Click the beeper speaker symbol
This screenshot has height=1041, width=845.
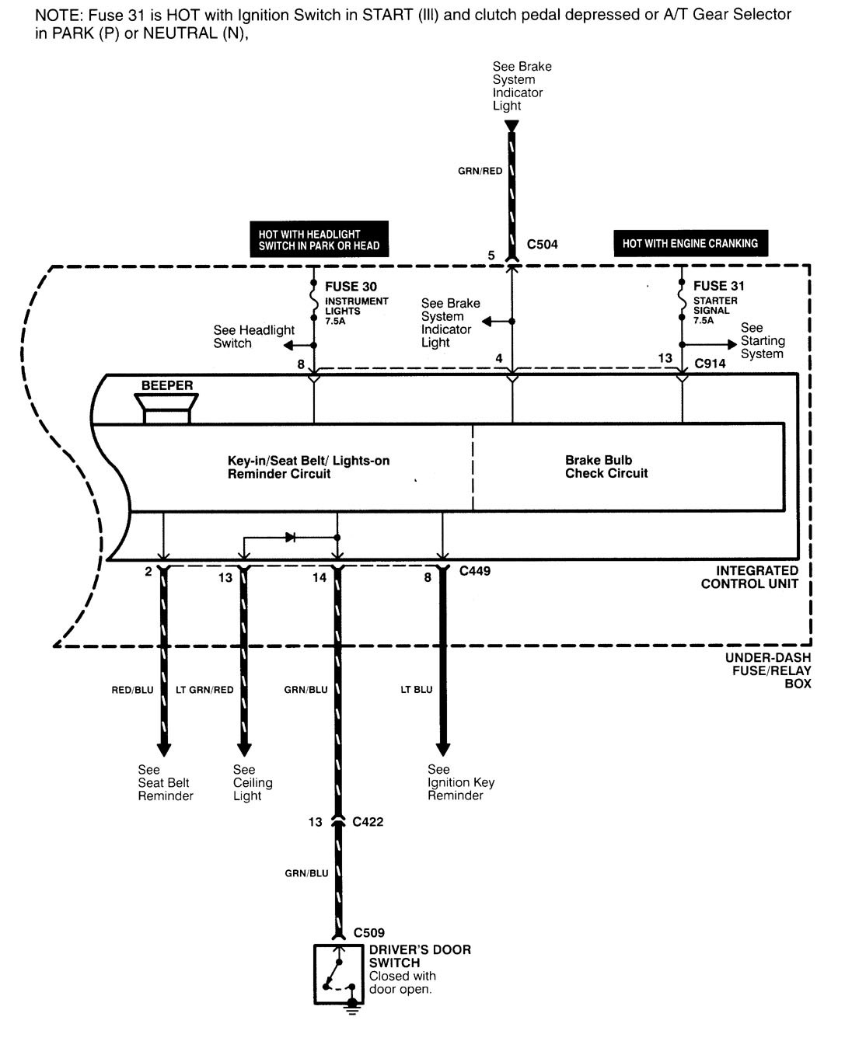click(x=166, y=408)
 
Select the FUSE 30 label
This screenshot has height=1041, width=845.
click(x=351, y=287)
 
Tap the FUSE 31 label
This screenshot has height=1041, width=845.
click(x=718, y=286)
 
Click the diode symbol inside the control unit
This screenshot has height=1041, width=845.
click(x=290, y=538)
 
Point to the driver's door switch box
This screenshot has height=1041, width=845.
click(x=337, y=974)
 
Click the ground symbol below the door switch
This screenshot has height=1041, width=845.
click(x=351, y=1008)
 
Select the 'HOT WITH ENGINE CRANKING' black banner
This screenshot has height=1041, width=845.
click(x=690, y=243)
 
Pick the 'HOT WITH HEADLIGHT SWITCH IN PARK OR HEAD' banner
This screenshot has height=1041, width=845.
click(x=319, y=239)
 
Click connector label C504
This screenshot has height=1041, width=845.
click(x=542, y=245)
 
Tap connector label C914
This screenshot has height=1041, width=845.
click(x=710, y=364)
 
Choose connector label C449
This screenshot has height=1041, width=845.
click(x=474, y=571)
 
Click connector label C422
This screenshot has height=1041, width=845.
click(x=368, y=822)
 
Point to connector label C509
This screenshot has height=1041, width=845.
click(x=368, y=933)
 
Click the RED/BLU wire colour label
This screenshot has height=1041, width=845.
click(x=132, y=690)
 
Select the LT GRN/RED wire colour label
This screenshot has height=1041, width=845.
click(x=204, y=690)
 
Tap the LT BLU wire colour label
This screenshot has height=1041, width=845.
click(x=416, y=690)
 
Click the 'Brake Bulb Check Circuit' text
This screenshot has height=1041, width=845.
click(x=606, y=467)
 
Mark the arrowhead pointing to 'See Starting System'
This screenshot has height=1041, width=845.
click(x=732, y=345)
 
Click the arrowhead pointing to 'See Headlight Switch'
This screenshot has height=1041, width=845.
click(x=288, y=346)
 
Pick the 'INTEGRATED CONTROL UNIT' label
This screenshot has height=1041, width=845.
click(x=749, y=577)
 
